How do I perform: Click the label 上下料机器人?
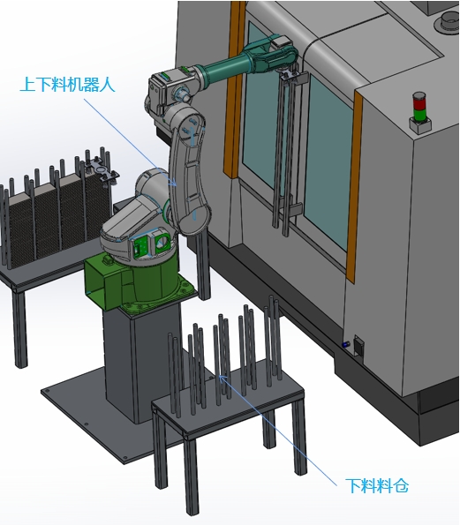[68, 84]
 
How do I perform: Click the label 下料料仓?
[377, 485]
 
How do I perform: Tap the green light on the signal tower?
[419, 114]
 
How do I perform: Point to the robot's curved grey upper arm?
[186, 168]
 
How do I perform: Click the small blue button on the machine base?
[344, 344]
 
